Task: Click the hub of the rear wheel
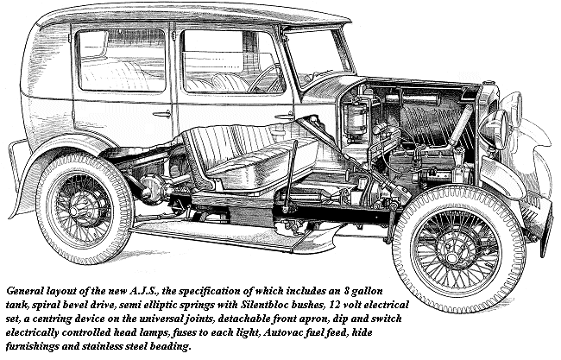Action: pos(76,211)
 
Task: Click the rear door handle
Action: pos(161,115)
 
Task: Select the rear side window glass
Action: pos(122,60)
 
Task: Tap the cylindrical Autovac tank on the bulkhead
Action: pos(354,118)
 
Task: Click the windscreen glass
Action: pos(316,57)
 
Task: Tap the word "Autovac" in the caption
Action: pos(281,332)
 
